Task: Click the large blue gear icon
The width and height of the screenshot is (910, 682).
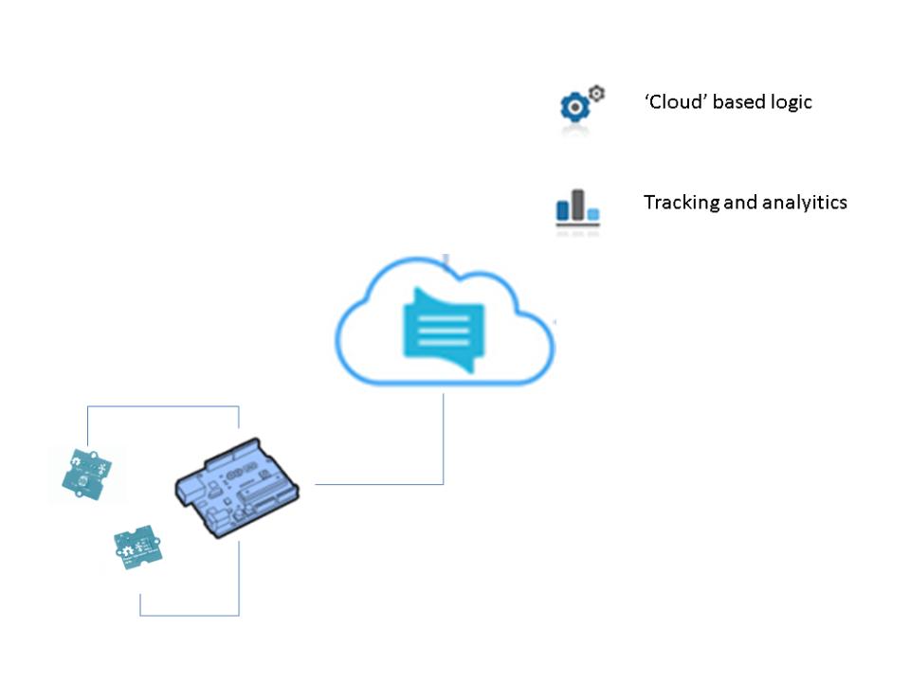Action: tap(574, 107)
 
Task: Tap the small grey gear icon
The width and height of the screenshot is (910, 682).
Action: tap(596, 93)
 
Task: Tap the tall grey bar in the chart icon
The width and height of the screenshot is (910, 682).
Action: tap(577, 205)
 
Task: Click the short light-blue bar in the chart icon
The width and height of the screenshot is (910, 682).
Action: tap(593, 215)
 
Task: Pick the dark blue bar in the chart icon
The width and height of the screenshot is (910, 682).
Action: tap(562, 210)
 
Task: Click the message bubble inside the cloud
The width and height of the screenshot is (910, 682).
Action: tap(444, 330)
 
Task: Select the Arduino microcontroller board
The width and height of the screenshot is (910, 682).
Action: tap(237, 488)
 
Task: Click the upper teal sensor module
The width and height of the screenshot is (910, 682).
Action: tap(87, 474)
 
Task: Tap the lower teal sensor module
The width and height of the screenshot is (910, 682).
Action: tap(138, 547)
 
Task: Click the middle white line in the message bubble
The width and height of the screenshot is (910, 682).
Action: tap(444, 331)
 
